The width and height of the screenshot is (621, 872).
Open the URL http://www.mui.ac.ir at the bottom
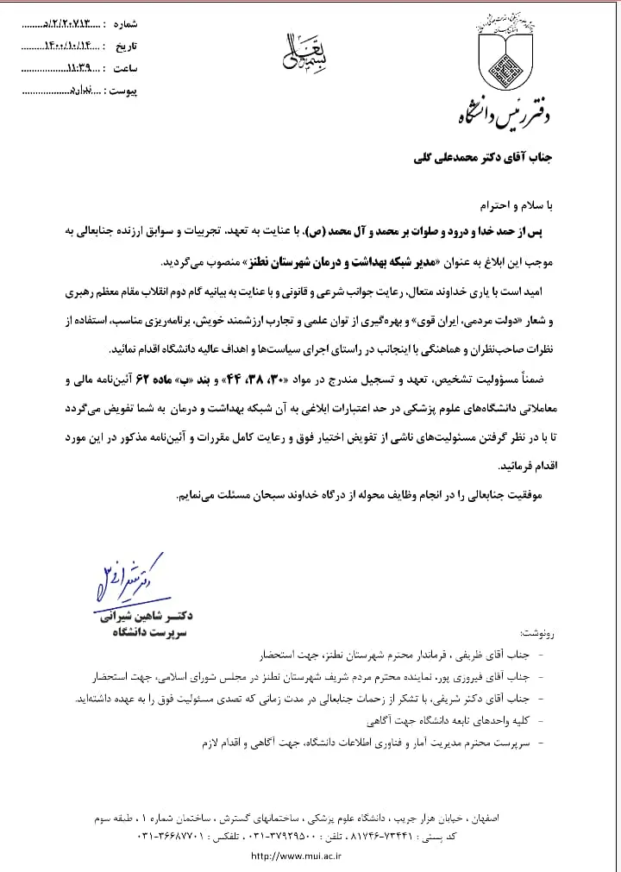(297, 856)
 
